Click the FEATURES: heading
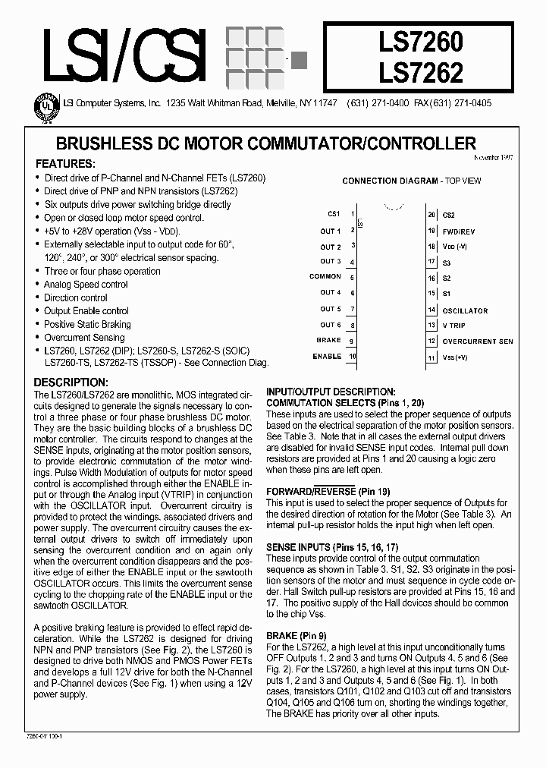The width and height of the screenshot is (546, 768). (x=66, y=164)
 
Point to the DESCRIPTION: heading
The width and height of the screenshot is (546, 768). (x=73, y=383)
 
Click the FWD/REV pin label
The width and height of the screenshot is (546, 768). (x=459, y=231)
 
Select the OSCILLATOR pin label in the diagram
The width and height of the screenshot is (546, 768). (x=465, y=310)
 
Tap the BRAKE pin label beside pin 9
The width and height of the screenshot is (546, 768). (x=329, y=341)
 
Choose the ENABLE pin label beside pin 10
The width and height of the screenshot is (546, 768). (x=327, y=356)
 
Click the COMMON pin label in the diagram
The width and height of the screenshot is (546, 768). (x=325, y=277)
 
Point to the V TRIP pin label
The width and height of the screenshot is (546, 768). (x=454, y=325)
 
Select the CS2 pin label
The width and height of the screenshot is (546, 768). (x=448, y=216)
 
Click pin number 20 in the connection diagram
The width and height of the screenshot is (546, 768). (x=431, y=215)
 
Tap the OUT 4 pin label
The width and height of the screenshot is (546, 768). (x=330, y=292)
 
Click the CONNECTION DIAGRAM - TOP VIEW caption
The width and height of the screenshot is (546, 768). (x=411, y=181)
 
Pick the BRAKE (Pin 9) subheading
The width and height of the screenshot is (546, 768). (x=297, y=635)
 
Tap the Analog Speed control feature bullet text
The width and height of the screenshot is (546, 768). (x=86, y=284)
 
